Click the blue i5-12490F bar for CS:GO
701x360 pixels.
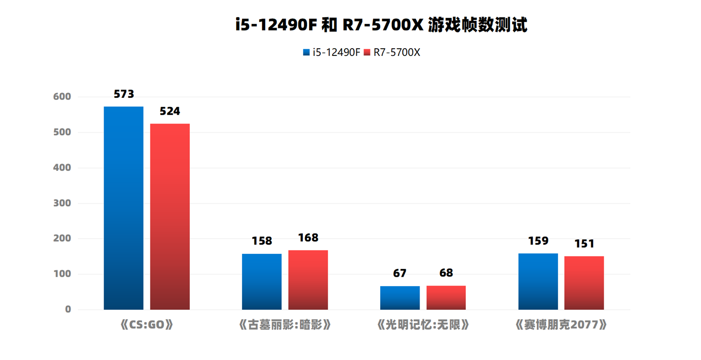(124, 208)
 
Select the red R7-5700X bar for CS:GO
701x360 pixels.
(170, 216)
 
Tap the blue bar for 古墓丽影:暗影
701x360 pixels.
(262, 282)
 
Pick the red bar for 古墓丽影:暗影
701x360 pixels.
(308, 280)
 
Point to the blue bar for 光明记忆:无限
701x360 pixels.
(400, 298)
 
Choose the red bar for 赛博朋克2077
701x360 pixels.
(584, 283)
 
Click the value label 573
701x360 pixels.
(124, 94)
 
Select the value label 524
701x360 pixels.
(170, 111)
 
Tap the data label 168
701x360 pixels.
(308, 238)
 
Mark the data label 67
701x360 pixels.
(400, 273)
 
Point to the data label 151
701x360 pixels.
(584, 244)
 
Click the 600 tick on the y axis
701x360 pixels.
(62, 97)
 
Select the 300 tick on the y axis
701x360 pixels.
(62, 203)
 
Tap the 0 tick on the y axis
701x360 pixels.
(68, 309)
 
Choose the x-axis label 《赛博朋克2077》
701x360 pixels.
(561, 325)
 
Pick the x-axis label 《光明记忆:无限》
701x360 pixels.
(423, 325)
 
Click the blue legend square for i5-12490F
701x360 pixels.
(306, 53)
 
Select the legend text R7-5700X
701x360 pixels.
(397, 53)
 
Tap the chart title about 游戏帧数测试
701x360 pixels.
(381, 25)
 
